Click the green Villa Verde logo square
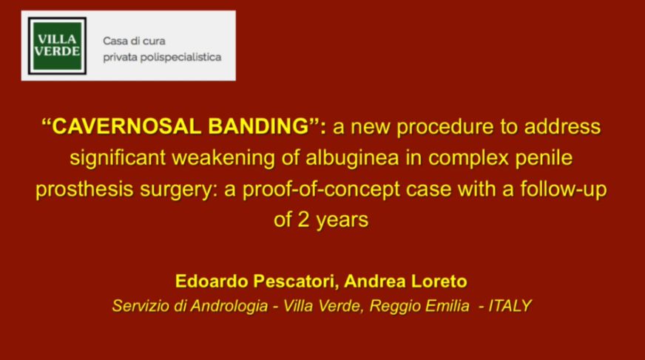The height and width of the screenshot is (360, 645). [x=57, y=46]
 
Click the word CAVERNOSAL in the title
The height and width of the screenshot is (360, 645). [x=126, y=126]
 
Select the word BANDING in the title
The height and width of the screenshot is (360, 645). [x=258, y=126]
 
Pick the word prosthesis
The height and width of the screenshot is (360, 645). [x=84, y=190]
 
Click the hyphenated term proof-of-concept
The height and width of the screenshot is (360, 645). [x=321, y=190]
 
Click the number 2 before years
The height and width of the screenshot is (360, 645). [x=303, y=220]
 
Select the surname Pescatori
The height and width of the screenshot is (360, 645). [x=296, y=282]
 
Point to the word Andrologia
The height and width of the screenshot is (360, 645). [x=229, y=306]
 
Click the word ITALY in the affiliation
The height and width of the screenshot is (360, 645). [x=510, y=306]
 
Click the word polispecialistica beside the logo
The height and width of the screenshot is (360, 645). [x=181, y=58]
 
